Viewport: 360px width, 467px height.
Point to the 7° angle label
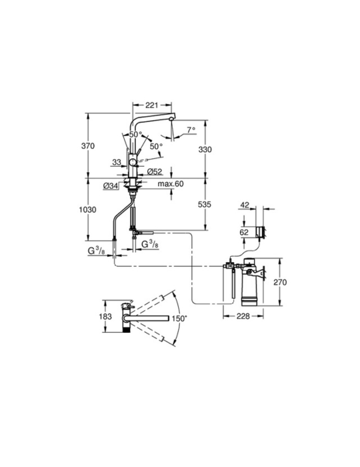191,130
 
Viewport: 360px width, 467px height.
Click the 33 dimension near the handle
117,161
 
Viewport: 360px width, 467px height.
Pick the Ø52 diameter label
155,171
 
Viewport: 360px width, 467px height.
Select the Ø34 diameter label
111,185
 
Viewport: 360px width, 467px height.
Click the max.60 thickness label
171,184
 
